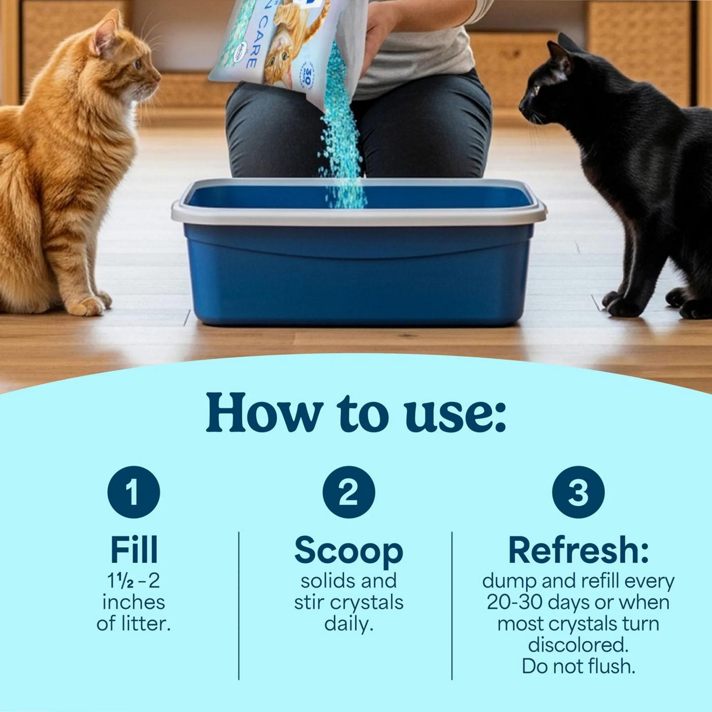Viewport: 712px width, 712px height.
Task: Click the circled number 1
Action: pos(134,492)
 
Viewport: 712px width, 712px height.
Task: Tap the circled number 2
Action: pos(348,492)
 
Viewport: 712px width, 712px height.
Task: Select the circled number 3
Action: pos(578,492)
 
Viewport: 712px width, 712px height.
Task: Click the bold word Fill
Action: pos(134,550)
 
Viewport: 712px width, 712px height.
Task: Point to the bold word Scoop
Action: pos(348,551)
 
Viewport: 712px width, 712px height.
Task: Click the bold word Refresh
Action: pos(578,550)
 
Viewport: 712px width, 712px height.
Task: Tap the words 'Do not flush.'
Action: pos(578,666)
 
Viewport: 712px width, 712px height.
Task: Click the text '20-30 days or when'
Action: pos(578,602)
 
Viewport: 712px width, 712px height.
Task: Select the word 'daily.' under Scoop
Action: pos(348,624)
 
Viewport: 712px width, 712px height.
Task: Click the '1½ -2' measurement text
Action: pos(134,581)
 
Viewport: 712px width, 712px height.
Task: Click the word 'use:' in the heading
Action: pos(455,413)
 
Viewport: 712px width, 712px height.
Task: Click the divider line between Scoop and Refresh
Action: pos(452,605)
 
